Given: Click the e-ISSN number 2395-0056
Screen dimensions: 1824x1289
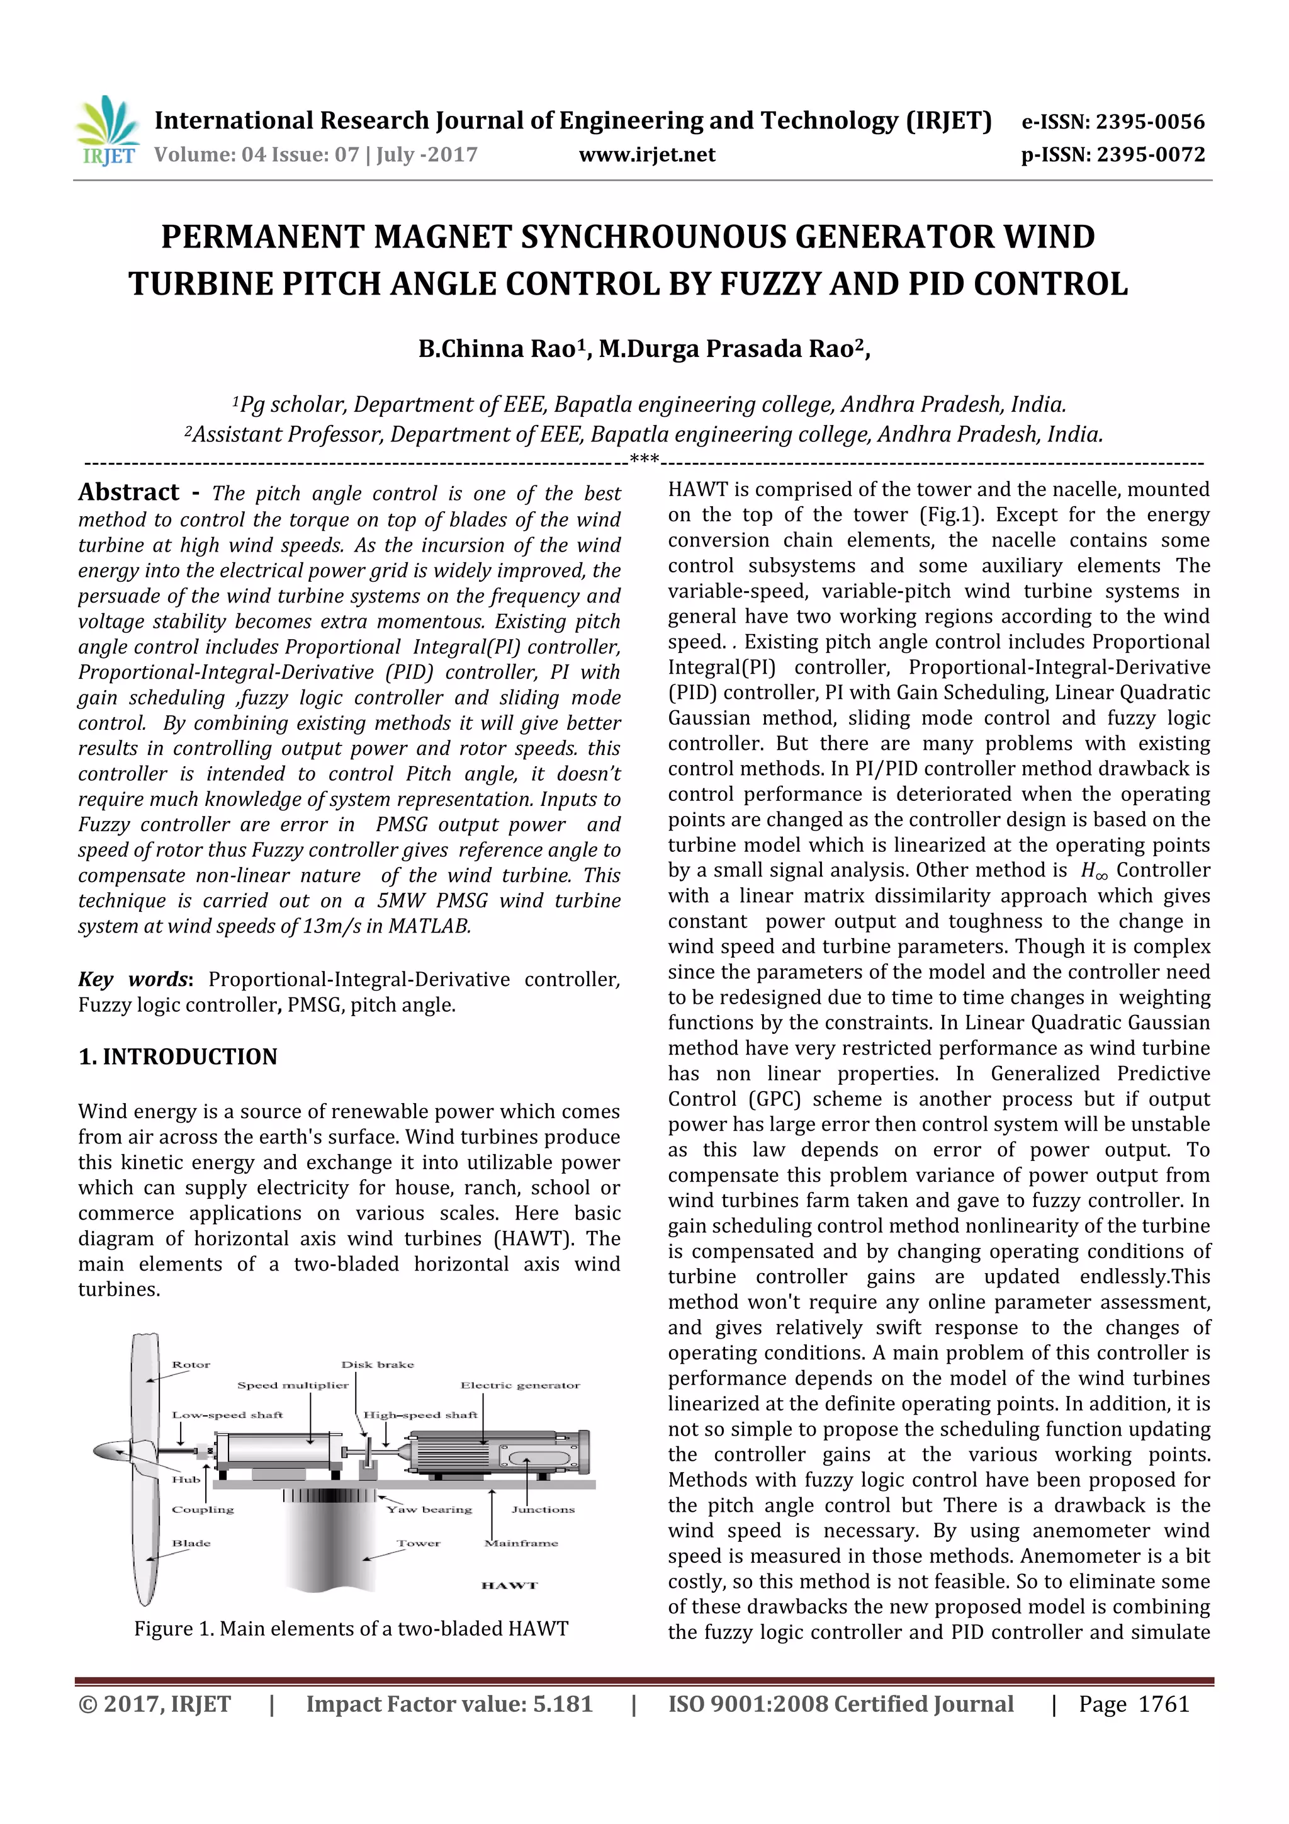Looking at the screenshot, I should [1150, 122].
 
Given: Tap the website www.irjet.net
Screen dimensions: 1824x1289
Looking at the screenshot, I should [646, 154].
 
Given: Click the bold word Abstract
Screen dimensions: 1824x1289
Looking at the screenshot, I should [128, 492].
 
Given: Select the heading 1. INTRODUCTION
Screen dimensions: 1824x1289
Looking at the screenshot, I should [178, 1056].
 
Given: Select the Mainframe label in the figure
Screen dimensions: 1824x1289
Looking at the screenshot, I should [521, 1543].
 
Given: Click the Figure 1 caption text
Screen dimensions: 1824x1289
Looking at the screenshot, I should [351, 1629].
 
